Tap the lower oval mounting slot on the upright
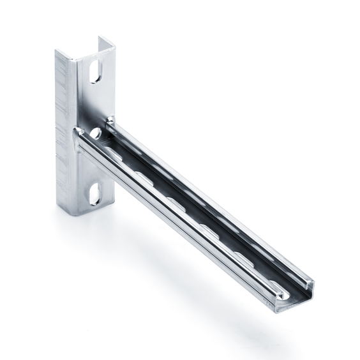coord(94,193)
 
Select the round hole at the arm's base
coord(96,133)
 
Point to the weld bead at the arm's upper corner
coord(110,119)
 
